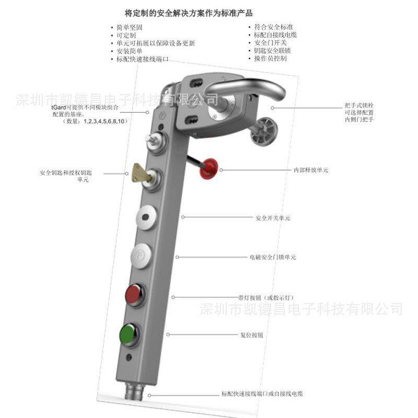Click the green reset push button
[128, 332]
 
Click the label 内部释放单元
[311, 170]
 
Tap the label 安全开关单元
[273, 217]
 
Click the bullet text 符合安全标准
[273, 27]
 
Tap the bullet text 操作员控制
[270, 59]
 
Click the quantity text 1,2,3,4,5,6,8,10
[105, 122]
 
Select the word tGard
[59, 107]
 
